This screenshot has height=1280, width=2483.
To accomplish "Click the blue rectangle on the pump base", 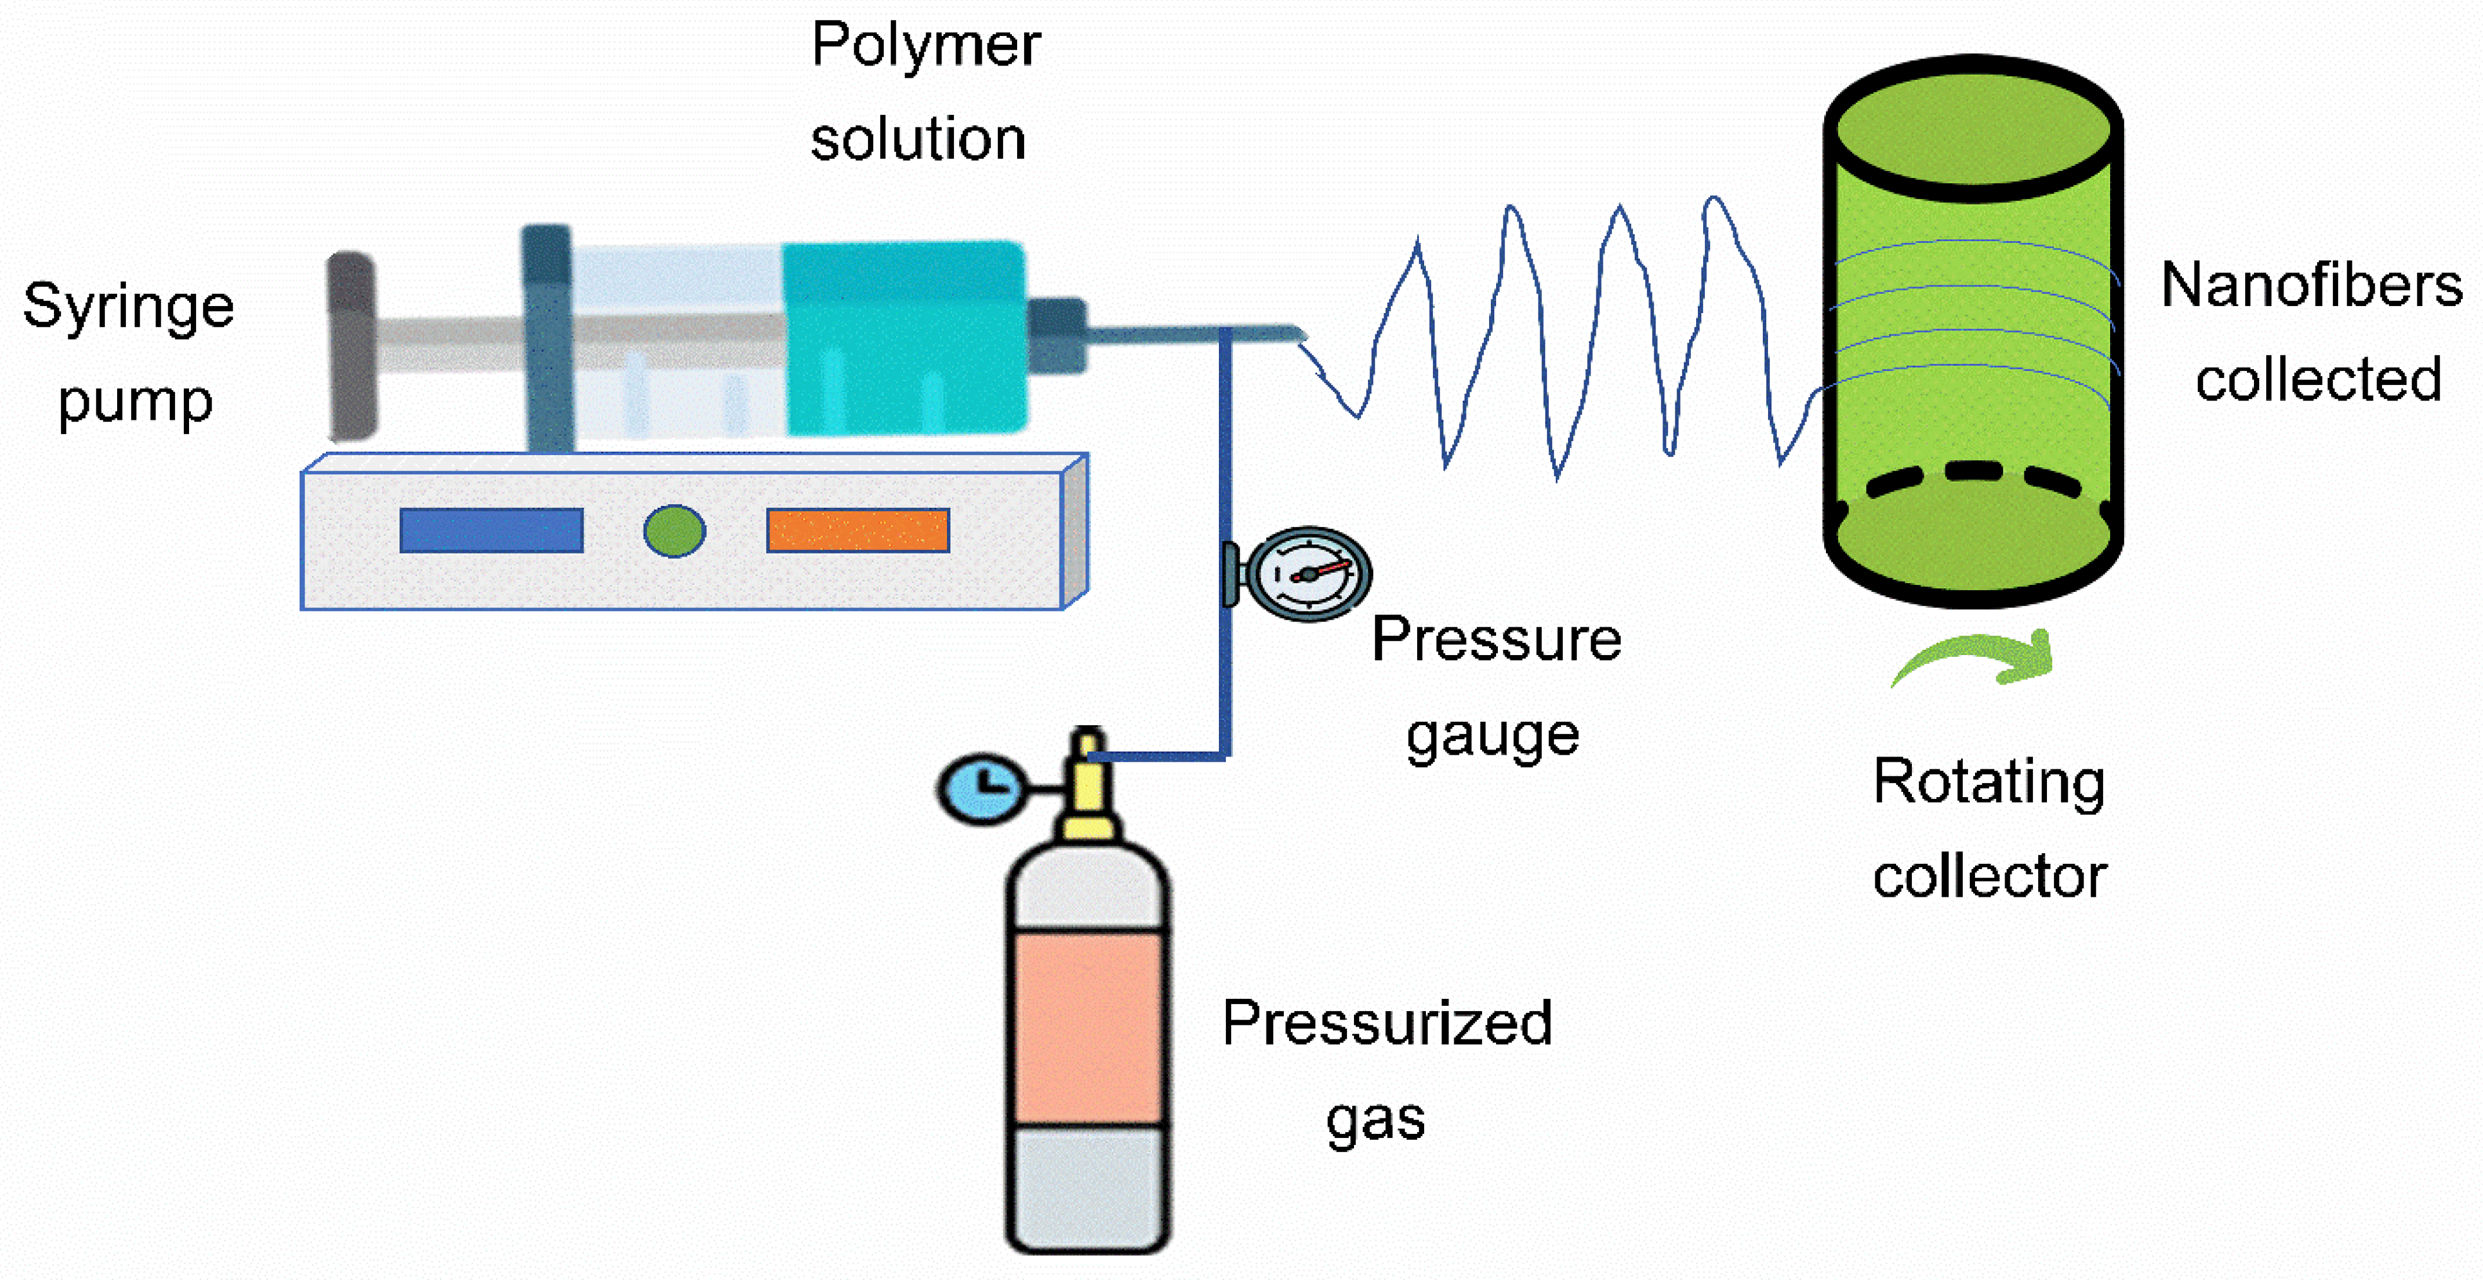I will point(492,530).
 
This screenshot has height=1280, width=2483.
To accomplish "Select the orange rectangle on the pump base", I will point(858,530).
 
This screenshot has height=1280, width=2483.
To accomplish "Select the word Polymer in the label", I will point(925,45).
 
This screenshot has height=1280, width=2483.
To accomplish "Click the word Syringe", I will point(128,307).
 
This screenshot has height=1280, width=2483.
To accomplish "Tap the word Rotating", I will point(1988,783).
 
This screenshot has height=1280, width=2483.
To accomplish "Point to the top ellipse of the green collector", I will point(1973,130).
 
